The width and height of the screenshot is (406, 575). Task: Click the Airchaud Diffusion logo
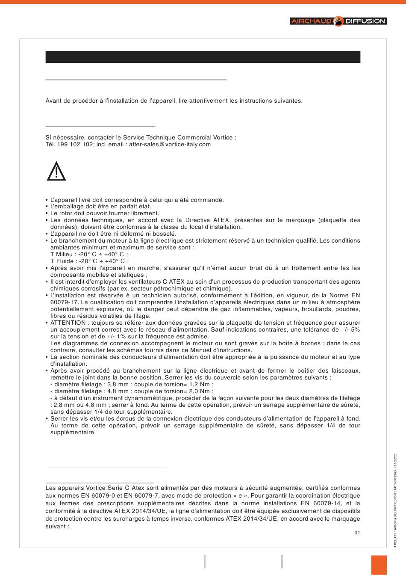tap(338, 21)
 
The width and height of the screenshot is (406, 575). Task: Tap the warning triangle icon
tap(56, 172)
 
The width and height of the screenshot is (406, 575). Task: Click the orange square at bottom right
tap(379, 565)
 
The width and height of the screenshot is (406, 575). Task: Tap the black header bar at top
tap(203, 57)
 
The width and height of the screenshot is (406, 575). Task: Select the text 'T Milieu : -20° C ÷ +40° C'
tap(88, 254)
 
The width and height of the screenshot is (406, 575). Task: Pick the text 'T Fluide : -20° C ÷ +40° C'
tap(88, 261)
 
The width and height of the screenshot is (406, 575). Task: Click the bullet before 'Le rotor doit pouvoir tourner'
tap(47, 213)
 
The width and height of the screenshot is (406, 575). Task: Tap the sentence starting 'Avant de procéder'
tap(174, 101)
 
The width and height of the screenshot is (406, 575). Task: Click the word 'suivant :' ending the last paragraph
tap(57, 526)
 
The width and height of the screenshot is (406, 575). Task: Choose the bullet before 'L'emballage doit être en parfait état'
tap(47, 207)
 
